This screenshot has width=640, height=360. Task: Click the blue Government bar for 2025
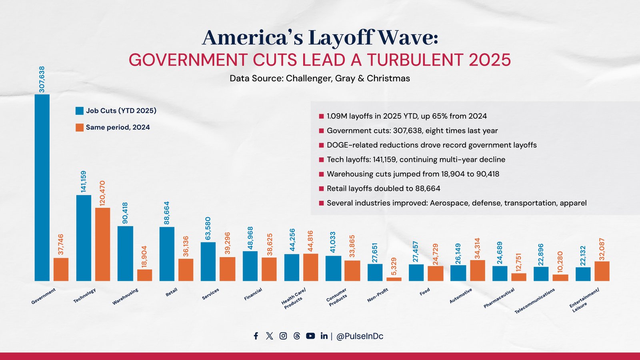click(42, 188)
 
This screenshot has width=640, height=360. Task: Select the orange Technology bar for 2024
click(102, 244)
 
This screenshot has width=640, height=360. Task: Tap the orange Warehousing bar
click(144, 275)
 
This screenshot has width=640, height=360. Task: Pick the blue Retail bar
click(167, 254)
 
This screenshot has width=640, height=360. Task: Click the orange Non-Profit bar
click(394, 279)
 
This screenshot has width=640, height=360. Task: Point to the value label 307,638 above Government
click(42, 79)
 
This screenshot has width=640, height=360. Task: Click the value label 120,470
click(102, 194)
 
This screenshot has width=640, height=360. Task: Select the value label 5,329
click(394, 266)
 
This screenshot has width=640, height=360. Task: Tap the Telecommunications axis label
click(535, 301)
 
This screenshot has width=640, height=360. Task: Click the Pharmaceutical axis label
click(499, 298)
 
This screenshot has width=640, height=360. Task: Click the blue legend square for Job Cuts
click(80, 111)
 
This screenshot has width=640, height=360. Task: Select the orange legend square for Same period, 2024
click(80, 128)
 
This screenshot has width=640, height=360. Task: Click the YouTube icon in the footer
click(310, 336)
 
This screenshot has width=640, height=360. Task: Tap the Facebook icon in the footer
click(256, 336)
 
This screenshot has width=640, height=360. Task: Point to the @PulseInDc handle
click(360, 336)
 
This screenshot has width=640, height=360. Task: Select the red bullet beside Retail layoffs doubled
click(321, 188)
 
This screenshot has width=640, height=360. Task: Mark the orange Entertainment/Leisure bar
click(602, 271)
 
